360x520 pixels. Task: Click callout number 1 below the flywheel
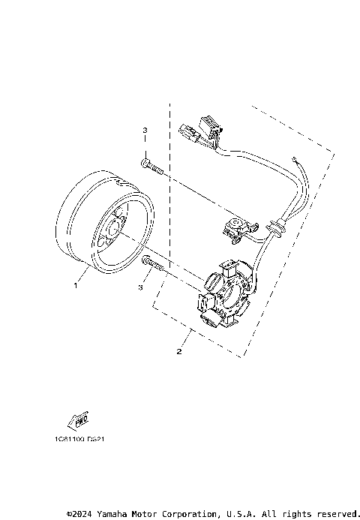point(75,285)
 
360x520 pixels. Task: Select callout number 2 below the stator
point(179,350)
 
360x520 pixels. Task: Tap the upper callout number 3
point(145,131)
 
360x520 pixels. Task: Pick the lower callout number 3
point(140,287)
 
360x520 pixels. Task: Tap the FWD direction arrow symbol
point(79,418)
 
